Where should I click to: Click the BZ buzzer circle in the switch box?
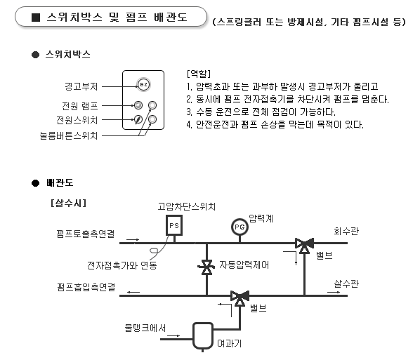tap(143, 86)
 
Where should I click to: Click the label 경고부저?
tap(80, 86)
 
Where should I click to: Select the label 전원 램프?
tap(79, 106)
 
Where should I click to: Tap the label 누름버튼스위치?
tap(70, 134)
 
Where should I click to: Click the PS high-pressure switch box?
tap(173, 226)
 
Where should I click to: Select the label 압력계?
tap(260, 219)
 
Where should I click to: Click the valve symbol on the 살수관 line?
tap(240, 296)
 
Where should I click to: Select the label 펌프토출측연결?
tap(86, 232)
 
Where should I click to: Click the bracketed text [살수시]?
tap(68, 204)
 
